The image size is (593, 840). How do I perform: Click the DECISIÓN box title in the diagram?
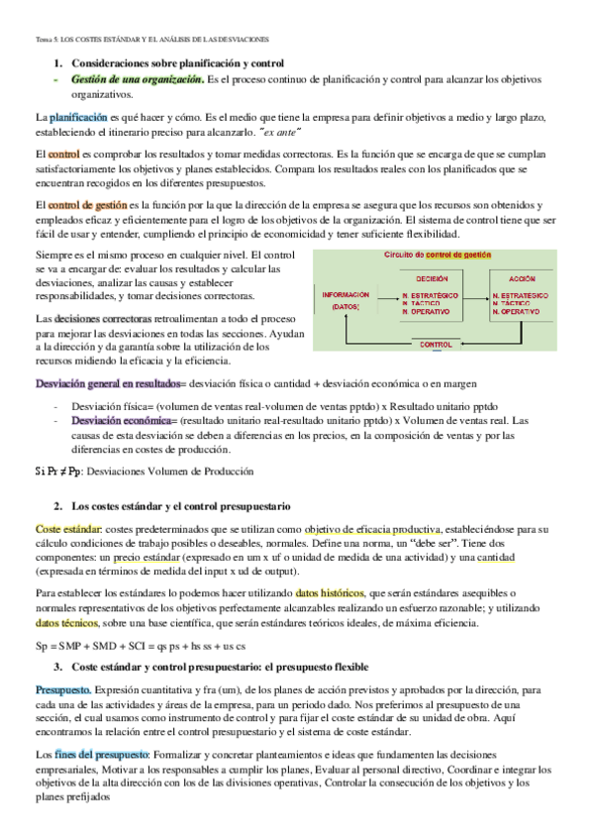(432, 278)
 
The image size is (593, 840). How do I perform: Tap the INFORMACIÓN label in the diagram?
(346, 294)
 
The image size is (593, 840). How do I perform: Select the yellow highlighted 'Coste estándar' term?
(66, 529)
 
